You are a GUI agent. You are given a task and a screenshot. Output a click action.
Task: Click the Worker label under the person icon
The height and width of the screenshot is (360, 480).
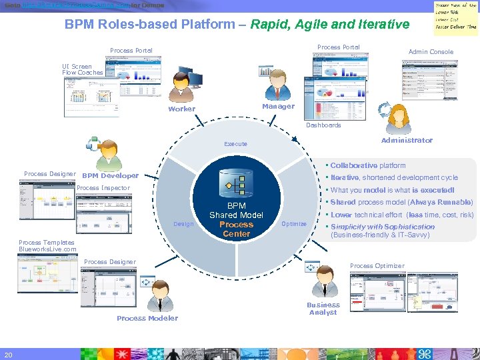point(181,109)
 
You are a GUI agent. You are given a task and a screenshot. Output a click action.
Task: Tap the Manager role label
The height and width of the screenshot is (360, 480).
point(278,106)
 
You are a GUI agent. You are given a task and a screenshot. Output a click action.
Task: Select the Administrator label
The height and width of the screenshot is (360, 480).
point(406,140)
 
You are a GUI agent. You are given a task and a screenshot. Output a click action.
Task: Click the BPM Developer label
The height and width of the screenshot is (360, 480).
point(110,176)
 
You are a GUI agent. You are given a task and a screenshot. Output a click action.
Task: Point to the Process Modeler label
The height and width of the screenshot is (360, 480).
point(147,318)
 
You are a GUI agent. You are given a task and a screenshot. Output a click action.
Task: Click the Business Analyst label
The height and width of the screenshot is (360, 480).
point(323,309)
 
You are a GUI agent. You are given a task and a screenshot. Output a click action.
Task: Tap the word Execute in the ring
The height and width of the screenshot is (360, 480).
point(235,144)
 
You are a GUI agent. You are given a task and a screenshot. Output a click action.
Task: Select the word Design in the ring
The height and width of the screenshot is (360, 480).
point(183,224)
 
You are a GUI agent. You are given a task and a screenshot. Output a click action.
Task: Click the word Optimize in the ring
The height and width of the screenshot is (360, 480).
point(293,224)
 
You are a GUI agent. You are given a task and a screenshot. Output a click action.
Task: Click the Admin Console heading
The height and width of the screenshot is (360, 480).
point(431,52)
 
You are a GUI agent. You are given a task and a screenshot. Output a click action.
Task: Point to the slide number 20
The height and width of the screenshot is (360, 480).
point(8,353)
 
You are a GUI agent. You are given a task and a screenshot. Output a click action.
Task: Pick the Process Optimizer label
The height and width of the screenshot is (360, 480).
point(377,266)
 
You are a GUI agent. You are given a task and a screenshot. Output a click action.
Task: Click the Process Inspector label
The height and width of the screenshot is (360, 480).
point(103,188)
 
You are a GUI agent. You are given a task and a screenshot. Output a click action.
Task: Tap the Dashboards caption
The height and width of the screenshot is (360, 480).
point(323,125)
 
